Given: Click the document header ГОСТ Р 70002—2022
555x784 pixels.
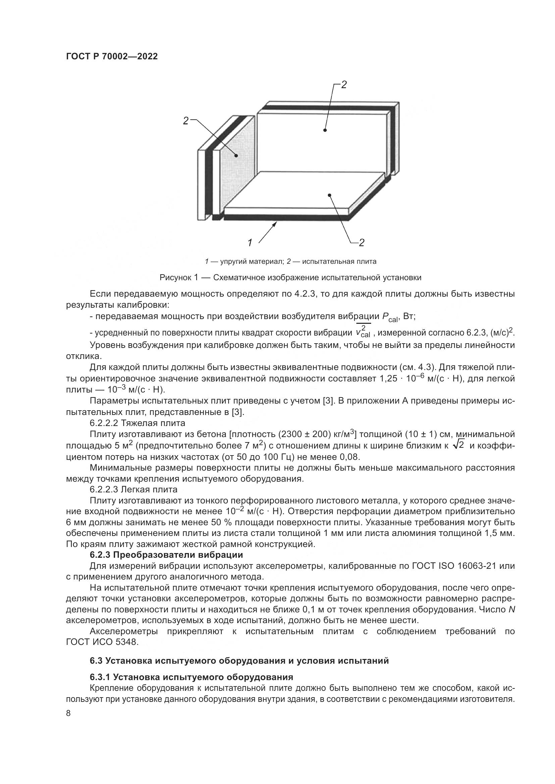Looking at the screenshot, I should [112, 57].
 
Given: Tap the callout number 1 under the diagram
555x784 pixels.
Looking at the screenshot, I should [250, 243].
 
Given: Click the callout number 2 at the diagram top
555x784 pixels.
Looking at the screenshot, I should [344, 85].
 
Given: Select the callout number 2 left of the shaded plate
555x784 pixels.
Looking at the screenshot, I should [186, 121].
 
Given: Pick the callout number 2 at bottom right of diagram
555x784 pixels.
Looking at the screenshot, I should [362, 243].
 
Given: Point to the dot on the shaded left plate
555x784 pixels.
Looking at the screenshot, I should [236, 156].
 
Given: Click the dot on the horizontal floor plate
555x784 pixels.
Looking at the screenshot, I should [329, 195].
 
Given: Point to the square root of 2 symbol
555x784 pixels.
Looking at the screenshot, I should [458, 445].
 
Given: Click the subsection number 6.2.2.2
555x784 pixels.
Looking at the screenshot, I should [104, 423].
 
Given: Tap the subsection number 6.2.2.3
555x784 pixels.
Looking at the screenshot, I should [104, 489].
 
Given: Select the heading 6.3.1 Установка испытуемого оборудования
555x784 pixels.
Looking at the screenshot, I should [191, 677].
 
